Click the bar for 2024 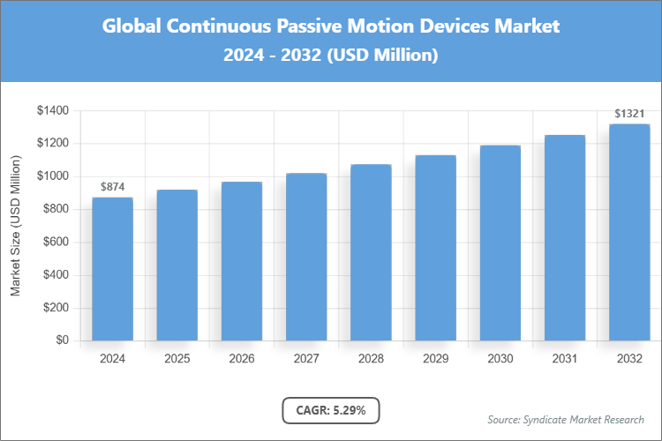(x=112, y=269)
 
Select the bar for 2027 (x=306, y=257)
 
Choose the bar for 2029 (x=435, y=248)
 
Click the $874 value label (x=112, y=187)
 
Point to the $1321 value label (x=629, y=114)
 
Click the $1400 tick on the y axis (x=53, y=110)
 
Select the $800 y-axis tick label (x=56, y=209)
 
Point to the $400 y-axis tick (x=56, y=275)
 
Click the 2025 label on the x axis (x=177, y=359)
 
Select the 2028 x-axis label (x=371, y=359)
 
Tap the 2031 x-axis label (x=565, y=359)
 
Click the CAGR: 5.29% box (x=331, y=410)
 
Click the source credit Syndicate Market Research (x=565, y=419)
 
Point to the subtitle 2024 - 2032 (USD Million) (x=331, y=56)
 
